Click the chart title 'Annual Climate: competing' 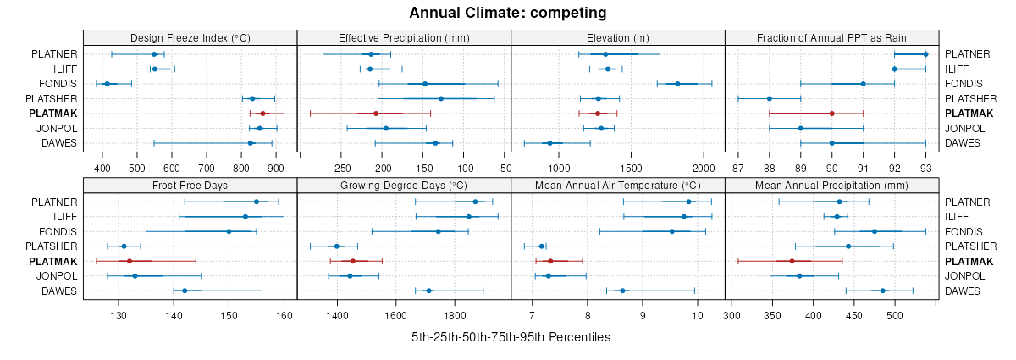[x=508, y=13]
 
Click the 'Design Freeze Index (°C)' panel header [x=190, y=38]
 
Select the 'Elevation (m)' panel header [x=618, y=38]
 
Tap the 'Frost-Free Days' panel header [x=190, y=186]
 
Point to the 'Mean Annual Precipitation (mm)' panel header [x=831, y=186]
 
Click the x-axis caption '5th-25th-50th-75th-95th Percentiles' [x=511, y=337]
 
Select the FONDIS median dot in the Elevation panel [x=677, y=84]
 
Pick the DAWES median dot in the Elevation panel [x=549, y=143]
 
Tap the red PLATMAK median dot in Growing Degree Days [x=353, y=262]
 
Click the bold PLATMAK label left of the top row [x=52, y=114]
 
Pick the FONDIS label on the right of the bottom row [x=961, y=232]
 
